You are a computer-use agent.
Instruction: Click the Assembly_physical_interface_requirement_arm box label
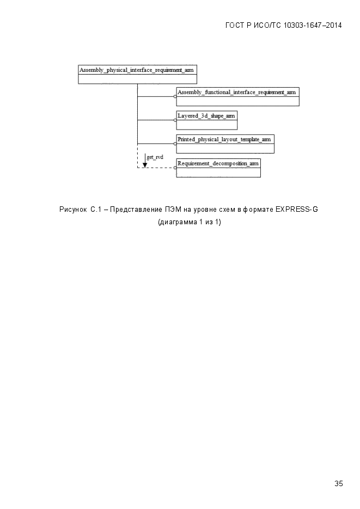pyautogui.click(x=137, y=70)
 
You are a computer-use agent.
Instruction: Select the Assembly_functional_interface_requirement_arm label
pyautogui.click(x=237, y=92)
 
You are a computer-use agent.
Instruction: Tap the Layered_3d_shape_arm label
pyautogui.click(x=206, y=115)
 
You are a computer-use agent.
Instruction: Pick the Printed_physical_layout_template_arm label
pyautogui.click(x=224, y=139)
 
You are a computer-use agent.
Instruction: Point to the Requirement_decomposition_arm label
pyautogui.click(x=218, y=163)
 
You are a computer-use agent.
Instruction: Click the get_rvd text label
pyautogui.click(x=155, y=157)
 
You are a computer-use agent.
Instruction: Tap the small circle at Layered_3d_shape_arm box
pyautogui.click(x=175, y=120)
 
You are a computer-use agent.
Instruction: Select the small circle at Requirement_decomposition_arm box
pyautogui.click(x=175, y=168)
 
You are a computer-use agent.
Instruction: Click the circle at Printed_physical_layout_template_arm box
pyautogui.click(x=175, y=144)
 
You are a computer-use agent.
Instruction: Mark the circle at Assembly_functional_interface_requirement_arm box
pyautogui.click(x=175, y=96)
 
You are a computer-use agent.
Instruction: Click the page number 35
pyautogui.click(x=339, y=483)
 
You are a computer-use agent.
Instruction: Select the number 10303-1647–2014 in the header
pyautogui.click(x=313, y=26)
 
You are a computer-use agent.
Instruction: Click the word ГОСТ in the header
pyautogui.click(x=234, y=26)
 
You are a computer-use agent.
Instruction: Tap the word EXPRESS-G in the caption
pyautogui.click(x=297, y=210)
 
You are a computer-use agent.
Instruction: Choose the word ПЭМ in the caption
pyautogui.click(x=173, y=210)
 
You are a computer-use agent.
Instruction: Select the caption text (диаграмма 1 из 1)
pyautogui.click(x=189, y=222)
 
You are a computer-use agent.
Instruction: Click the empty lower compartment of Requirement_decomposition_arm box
pyautogui.click(x=218, y=173)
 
